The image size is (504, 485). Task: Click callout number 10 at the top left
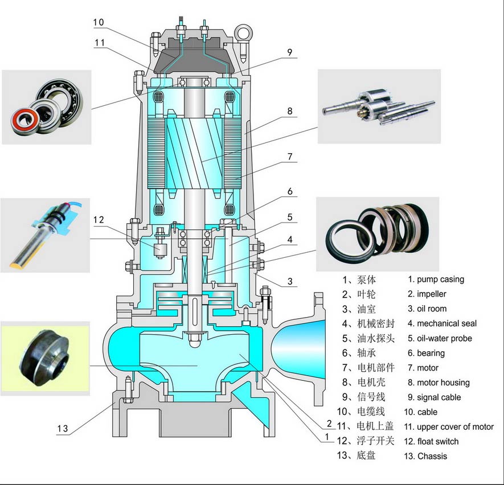point(98,22)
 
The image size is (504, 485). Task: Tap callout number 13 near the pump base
point(63,428)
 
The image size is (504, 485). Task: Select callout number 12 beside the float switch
point(99,220)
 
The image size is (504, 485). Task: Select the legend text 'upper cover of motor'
point(455,426)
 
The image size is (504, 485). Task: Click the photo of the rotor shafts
point(379,106)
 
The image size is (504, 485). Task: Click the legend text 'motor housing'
point(443,383)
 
